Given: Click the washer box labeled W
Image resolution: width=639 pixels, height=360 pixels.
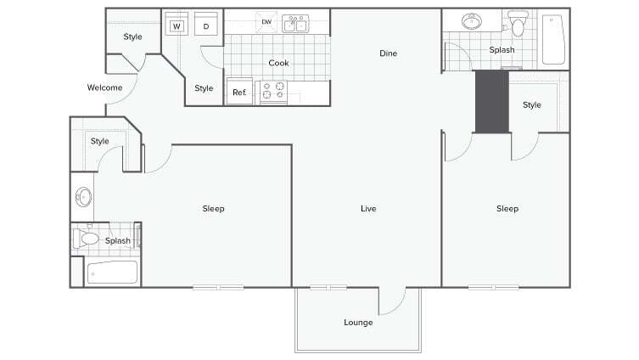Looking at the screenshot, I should (177, 26).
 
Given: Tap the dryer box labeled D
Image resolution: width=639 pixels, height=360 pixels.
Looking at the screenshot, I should (206, 26).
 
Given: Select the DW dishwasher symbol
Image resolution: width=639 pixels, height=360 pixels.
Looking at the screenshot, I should (266, 22).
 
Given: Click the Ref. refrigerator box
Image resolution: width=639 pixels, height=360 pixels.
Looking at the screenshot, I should (240, 92).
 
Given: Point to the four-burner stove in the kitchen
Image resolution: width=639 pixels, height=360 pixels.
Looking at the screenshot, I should (273, 91).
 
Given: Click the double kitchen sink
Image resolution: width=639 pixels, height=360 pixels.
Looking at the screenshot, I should (295, 23).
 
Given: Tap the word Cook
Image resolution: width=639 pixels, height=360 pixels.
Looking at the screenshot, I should (278, 63).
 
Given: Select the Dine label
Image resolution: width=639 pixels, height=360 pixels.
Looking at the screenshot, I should (388, 53).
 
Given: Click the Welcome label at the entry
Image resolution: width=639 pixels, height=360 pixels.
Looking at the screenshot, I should (105, 87).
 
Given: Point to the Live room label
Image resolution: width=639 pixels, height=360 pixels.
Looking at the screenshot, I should (367, 209).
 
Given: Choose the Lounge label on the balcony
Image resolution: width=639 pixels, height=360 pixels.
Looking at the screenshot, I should (358, 322).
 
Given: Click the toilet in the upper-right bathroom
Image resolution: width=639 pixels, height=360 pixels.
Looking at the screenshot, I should (518, 25).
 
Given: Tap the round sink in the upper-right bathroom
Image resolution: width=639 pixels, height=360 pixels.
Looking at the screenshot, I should (470, 21).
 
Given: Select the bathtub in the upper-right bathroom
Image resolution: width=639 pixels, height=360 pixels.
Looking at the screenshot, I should (553, 39).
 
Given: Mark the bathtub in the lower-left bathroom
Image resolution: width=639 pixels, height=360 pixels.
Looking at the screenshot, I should (112, 273).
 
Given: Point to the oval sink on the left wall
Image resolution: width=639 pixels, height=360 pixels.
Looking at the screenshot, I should (82, 198).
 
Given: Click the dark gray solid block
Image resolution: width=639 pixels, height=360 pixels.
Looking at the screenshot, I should (491, 102).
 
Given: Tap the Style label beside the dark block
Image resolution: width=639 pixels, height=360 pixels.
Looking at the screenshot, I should (532, 105).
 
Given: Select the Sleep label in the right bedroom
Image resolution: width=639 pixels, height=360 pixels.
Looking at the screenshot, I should (507, 209).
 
